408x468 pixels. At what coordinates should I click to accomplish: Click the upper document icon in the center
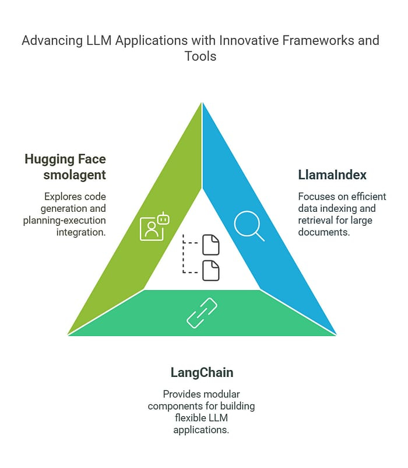pyautogui.click(x=211, y=245)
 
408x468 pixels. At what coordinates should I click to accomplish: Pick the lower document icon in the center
pyautogui.click(x=211, y=270)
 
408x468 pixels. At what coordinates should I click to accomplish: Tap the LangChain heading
pyautogui.click(x=202, y=372)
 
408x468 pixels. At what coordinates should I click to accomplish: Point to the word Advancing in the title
pyautogui.click(x=49, y=40)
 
